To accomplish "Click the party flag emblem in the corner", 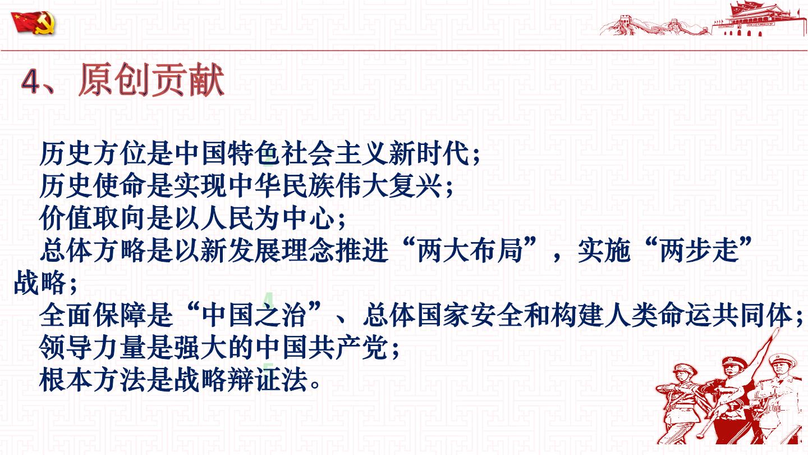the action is coord(33,22).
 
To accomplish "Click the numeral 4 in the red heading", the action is coord(30,81).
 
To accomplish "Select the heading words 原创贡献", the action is coord(151,80).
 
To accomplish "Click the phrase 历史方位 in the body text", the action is coord(93,153).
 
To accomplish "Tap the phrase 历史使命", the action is coord(93,186).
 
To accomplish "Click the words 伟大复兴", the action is coord(389,186).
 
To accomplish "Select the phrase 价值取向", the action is coord(93,219).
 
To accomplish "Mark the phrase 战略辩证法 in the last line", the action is coord(240,380).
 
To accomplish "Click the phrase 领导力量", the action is coord(93,348).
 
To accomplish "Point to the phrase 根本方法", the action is coord(93,380).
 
